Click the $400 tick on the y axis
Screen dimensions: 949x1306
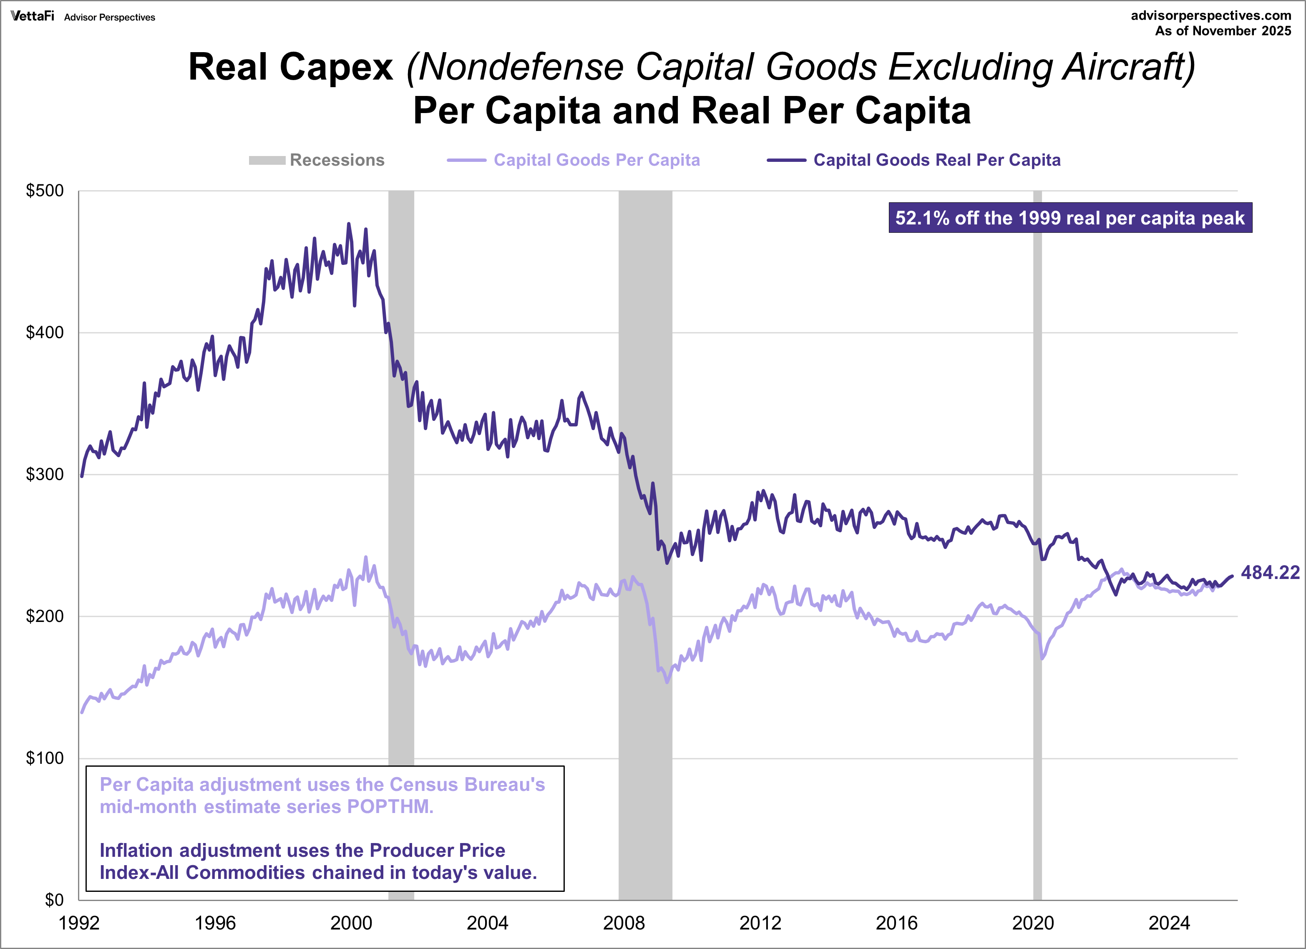pyautogui.click(x=45, y=332)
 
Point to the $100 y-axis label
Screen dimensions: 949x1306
pyautogui.click(x=45, y=758)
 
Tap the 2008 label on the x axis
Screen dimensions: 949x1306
pyautogui.click(x=624, y=924)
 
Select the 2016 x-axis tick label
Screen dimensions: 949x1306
pyautogui.click(x=896, y=924)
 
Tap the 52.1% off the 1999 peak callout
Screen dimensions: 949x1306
pyautogui.click(x=1070, y=218)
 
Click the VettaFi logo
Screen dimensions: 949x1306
pyautogui.click(x=32, y=16)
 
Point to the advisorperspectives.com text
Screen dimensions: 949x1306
pyautogui.click(x=1211, y=15)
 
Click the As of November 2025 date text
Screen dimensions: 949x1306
pyautogui.click(x=1223, y=31)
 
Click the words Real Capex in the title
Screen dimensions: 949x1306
pyautogui.click(x=291, y=68)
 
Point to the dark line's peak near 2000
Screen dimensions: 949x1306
pyautogui.click(x=348, y=224)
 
